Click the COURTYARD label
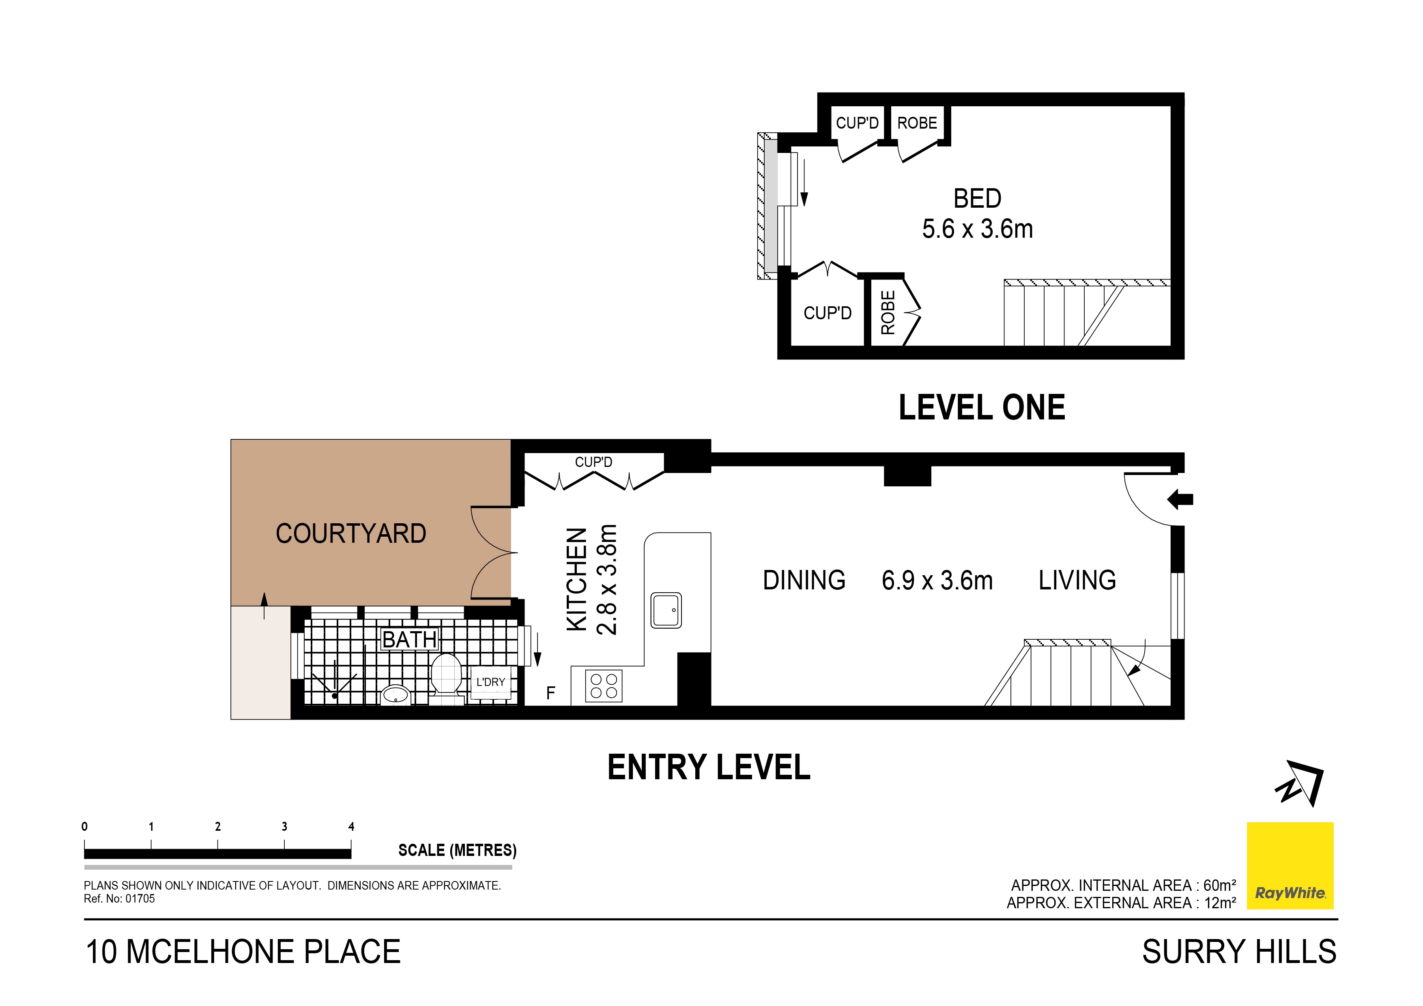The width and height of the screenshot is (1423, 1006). (351, 534)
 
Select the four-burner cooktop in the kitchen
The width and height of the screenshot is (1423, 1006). (603, 686)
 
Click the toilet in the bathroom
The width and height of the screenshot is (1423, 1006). (446, 675)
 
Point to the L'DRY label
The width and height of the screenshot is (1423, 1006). (490, 682)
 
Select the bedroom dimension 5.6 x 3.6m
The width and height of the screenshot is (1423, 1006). (977, 229)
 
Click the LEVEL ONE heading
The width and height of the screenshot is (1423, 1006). (982, 408)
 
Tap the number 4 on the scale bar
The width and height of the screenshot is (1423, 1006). (351, 826)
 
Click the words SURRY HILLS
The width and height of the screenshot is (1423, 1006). (1239, 952)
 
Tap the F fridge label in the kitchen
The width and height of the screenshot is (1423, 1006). (550, 693)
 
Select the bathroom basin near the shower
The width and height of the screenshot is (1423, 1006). (395, 694)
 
